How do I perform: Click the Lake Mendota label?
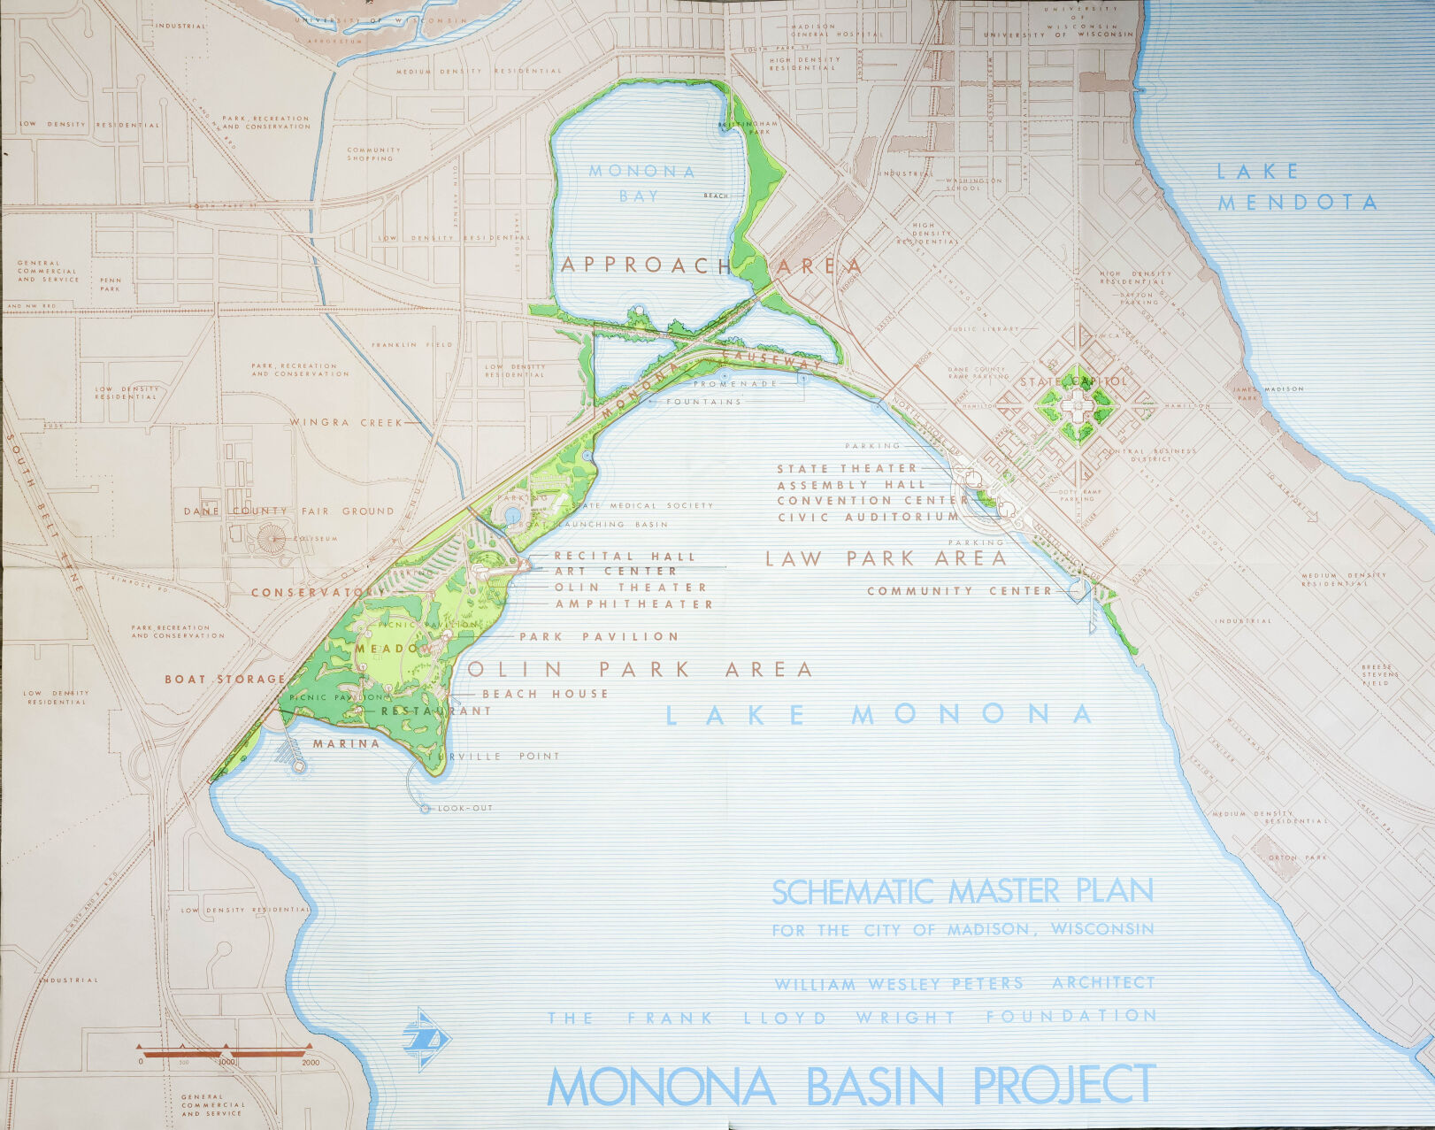coord(1296,187)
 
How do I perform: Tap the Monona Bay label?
coord(642,183)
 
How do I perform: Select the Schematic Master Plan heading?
coord(963,891)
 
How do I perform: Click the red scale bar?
coord(226,1053)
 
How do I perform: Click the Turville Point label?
coord(494,757)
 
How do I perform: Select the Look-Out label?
coord(465,808)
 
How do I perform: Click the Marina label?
coord(346,743)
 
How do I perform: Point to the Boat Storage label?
coord(225,680)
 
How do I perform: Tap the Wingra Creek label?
coord(346,422)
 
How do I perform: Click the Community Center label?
coord(959,591)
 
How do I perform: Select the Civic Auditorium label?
coord(868,517)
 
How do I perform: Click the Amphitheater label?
coord(633,604)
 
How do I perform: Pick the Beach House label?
coord(545,694)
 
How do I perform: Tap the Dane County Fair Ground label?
coord(288,511)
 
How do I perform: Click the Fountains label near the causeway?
coord(703,402)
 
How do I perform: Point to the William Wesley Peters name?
coord(899,984)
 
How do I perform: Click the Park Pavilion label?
coord(599,636)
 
